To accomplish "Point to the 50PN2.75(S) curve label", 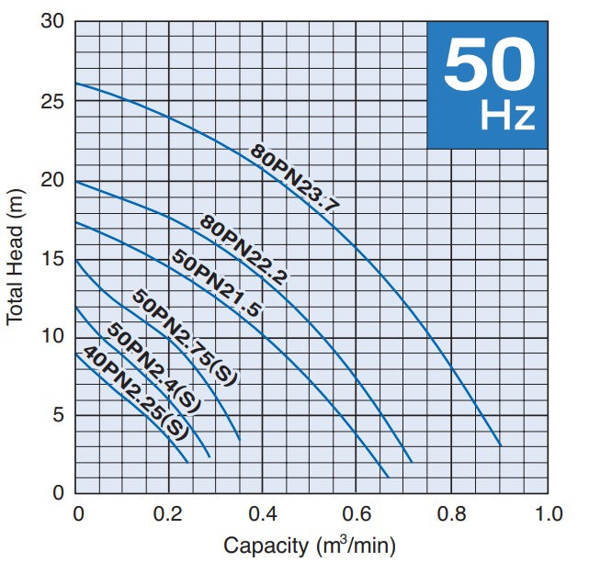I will pyautogui.click(x=184, y=334).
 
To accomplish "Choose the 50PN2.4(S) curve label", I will pyautogui.click(x=153, y=366).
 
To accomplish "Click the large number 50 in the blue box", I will pyautogui.click(x=488, y=66).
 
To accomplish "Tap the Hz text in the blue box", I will pyautogui.click(x=507, y=117).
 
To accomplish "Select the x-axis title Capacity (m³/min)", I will pyautogui.click(x=310, y=546).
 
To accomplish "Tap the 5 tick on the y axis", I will pyautogui.click(x=57, y=415).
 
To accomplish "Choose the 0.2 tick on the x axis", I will pyautogui.click(x=169, y=512).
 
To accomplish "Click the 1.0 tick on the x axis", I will pyautogui.click(x=548, y=512).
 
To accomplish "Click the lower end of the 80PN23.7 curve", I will pyautogui.click(x=501, y=445).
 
